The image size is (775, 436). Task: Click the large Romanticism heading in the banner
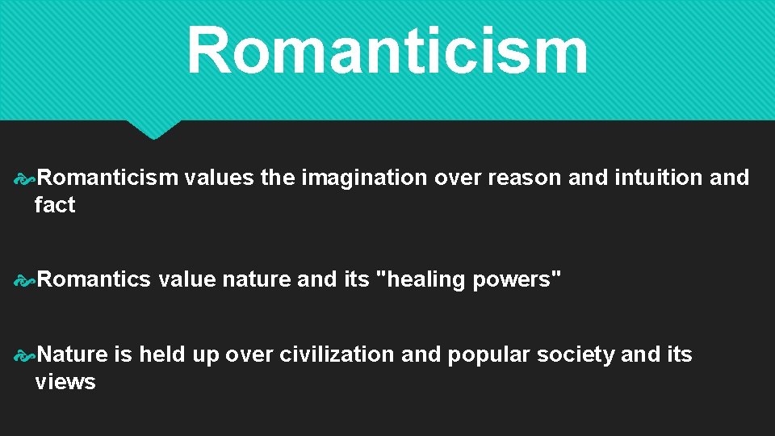point(387,50)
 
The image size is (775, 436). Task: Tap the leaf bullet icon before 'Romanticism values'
point(25,178)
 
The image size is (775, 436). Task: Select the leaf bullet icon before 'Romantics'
point(25,280)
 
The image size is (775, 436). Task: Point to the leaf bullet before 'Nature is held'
point(25,355)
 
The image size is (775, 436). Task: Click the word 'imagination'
point(364,178)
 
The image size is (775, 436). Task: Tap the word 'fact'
point(55,205)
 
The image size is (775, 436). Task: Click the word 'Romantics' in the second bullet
point(94,279)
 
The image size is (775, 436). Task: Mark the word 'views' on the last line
point(65,382)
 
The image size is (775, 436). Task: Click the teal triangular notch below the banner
point(153,128)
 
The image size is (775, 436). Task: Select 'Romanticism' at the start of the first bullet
point(107,178)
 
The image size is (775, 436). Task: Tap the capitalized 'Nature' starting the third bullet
point(73,354)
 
